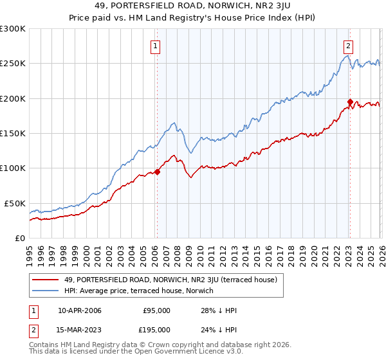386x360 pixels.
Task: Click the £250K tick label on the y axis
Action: click(12, 64)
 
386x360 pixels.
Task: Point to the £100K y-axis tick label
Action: click(12, 168)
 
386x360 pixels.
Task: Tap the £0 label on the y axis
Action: click(19, 238)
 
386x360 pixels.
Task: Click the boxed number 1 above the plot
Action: click(156, 46)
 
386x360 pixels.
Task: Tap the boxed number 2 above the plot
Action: click(348, 46)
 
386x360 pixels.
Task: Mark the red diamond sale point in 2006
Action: click(157, 172)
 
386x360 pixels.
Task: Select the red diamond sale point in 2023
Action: click(350, 102)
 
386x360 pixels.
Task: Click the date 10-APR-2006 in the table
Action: click(80, 310)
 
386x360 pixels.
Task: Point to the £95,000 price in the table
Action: click(156, 310)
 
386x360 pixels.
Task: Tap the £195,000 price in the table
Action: click(154, 330)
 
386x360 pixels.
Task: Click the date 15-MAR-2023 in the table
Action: click(80, 330)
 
